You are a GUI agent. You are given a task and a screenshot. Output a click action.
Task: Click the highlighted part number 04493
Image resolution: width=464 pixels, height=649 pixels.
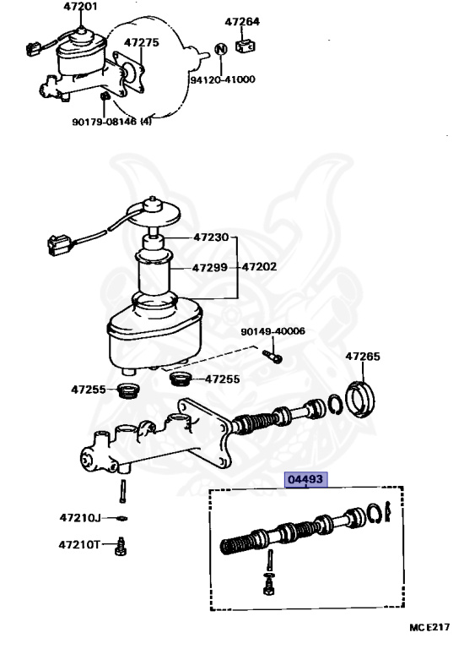305,480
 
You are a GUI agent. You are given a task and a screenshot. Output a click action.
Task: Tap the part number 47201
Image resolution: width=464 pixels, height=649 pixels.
81,7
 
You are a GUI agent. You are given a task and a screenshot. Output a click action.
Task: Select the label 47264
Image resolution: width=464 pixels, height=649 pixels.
242,21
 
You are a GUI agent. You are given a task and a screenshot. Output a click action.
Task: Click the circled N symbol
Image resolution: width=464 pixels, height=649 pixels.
222,49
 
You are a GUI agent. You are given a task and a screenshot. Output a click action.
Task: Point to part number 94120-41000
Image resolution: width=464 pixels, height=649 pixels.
222,79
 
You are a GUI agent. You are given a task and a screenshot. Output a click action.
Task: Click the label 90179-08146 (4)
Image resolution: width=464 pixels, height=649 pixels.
112,122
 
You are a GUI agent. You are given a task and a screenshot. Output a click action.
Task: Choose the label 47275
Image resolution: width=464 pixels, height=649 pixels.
141,42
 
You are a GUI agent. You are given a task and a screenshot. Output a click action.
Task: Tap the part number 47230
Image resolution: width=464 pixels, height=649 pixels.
211,237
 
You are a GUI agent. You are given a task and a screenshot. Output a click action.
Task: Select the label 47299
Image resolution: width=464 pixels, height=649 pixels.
210,267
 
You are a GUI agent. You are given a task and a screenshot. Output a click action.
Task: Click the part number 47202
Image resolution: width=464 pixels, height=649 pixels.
259,266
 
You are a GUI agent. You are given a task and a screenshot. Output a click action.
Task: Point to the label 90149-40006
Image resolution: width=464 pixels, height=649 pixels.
273,331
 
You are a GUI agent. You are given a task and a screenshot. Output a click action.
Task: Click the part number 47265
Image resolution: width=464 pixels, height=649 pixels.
363,357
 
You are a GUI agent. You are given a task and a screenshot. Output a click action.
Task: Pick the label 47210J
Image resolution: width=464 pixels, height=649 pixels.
80,517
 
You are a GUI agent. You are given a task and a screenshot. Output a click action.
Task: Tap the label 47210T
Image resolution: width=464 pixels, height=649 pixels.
79,544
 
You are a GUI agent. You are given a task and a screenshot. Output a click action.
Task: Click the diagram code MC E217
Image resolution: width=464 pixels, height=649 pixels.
429,628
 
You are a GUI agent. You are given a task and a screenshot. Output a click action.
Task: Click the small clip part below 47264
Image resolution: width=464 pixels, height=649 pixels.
245,46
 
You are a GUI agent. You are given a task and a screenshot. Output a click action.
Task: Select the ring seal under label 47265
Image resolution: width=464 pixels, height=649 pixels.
360,399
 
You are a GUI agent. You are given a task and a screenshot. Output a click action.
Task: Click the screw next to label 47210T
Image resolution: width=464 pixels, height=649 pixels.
121,547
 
